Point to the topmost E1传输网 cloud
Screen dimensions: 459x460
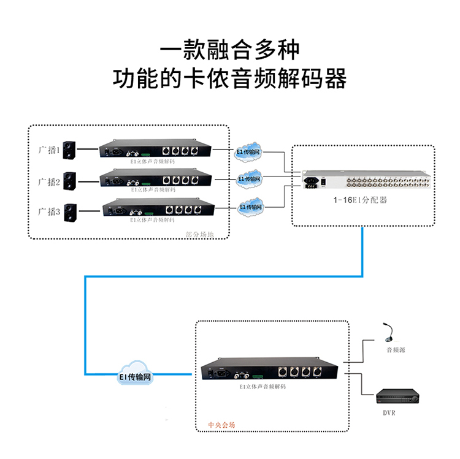pyautogui.click(x=248, y=151)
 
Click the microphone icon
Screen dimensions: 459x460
pyautogui.click(x=388, y=333)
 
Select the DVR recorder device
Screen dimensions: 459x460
pyautogui.click(x=398, y=396)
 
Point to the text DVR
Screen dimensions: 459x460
pyautogui.click(x=389, y=412)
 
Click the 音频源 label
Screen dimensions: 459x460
pyautogui.click(x=395, y=350)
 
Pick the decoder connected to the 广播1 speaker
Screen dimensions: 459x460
pyautogui.click(x=156, y=151)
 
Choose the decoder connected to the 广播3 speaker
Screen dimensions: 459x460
pyautogui.click(x=156, y=210)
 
